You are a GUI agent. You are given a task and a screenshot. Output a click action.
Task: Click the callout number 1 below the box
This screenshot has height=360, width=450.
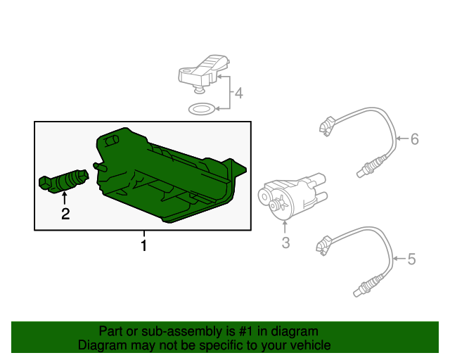click(x=143, y=246)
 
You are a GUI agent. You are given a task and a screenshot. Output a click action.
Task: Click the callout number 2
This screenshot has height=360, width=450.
click(x=65, y=214)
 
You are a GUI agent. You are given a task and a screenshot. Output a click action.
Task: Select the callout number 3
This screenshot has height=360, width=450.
click(x=285, y=243)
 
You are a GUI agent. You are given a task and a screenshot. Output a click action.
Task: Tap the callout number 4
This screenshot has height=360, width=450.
click(x=239, y=93)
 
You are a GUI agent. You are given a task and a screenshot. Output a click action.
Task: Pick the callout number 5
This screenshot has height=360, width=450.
click(x=411, y=259)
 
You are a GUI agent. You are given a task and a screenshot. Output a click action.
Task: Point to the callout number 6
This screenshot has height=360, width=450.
click(x=414, y=139)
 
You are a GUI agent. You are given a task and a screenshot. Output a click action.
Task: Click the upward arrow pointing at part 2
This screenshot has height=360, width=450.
click(x=65, y=199)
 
